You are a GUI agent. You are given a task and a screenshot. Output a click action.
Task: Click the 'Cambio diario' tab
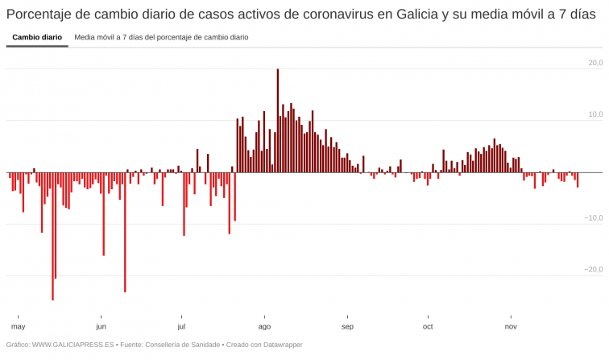click(37, 37)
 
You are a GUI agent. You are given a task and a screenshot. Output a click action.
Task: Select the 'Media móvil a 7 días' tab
click(161, 37)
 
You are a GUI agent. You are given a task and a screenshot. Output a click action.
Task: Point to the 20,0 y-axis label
click(594, 63)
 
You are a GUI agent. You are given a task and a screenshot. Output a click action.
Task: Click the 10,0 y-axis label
click(594, 114)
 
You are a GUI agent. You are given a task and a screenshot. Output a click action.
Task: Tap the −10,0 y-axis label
click(593, 217)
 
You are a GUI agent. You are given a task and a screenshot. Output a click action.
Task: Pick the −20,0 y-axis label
click(593, 269)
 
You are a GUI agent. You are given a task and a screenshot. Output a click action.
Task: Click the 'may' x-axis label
click(19, 326)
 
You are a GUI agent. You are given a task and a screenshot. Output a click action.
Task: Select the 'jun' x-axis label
click(101, 326)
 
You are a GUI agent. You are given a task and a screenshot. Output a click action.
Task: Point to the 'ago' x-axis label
click(264, 326)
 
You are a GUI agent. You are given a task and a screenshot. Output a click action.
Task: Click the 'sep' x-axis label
click(347, 326)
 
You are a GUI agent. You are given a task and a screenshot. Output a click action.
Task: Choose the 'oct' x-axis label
click(428, 326)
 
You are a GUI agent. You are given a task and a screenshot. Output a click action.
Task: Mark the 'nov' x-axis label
click(511, 326)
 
